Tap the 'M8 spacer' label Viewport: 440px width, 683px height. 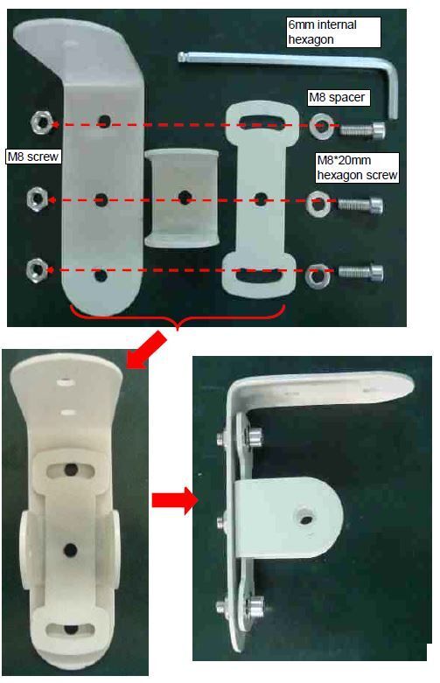coord(337,97)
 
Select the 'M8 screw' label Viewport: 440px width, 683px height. coord(33,157)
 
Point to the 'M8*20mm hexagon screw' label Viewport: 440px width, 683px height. coord(357,168)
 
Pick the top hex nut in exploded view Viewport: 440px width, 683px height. coord(42,122)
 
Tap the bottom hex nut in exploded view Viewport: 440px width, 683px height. coord(38,269)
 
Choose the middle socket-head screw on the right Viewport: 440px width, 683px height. coord(360,205)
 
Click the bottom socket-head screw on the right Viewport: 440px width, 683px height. coord(360,273)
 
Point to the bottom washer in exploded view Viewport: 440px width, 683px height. coord(317,276)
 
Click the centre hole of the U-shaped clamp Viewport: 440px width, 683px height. coord(185,198)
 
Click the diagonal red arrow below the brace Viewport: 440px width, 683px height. coord(146,350)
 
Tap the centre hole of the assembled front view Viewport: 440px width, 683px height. coord(70,550)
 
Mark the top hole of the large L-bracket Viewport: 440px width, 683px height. coord(104,121)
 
